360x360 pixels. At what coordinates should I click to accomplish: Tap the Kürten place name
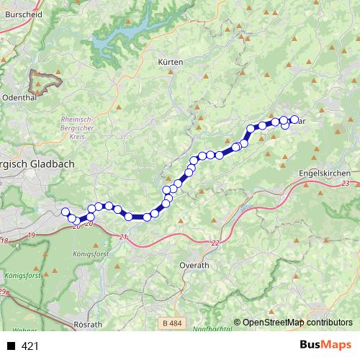tap(171, 63)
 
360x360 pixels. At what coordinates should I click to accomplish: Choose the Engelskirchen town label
tap(324, 174)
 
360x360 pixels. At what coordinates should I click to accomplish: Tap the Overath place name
tap(193, 265)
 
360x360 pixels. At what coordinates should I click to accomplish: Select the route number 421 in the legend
tap(30, 346)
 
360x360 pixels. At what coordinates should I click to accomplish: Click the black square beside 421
tap(12, 346)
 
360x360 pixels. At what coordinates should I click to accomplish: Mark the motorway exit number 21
tap(123, 237)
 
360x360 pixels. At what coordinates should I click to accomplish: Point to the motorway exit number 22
tap(215, 243)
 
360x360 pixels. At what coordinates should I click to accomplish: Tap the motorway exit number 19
tap(31, 235)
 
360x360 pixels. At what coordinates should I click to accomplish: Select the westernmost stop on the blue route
tap(65, 212)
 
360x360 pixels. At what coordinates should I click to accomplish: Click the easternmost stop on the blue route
tap(294, 120)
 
